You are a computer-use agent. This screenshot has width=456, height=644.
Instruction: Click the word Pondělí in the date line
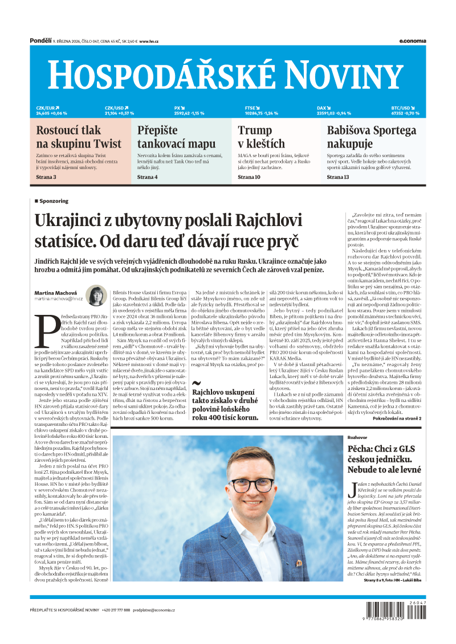pyautogui.click(x=40, y=41)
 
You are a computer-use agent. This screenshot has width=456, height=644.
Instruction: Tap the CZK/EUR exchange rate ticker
pyautogui.click(x=51, y=110)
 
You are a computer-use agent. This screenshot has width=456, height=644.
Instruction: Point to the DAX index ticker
pyautogui.click(x=333, y=110)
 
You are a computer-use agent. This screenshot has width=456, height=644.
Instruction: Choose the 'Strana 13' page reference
pyautogui.click(x=338, y=177)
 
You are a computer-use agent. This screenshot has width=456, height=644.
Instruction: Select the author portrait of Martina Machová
pyautogui.click(x=96, y=296)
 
